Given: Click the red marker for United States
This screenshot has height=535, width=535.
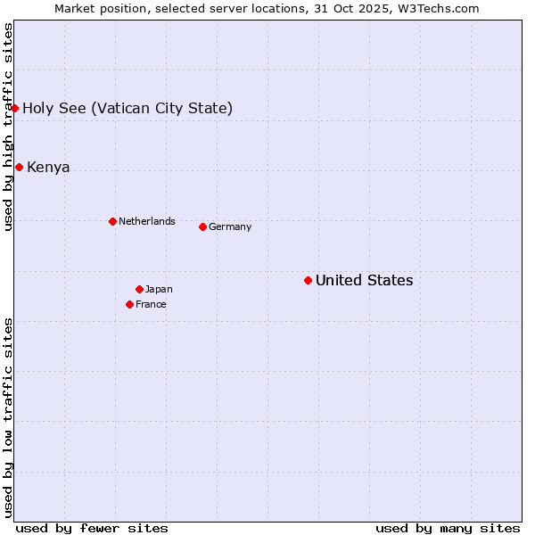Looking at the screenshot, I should [308, 280].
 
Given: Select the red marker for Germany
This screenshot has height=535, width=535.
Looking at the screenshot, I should [202, 226].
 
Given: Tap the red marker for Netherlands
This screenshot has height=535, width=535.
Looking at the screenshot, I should [112, 221].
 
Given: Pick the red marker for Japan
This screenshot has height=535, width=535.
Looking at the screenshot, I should [139, 289].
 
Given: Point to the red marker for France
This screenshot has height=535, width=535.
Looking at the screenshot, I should [129, 304].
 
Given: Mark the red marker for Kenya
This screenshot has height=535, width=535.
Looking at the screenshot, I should [19, 167].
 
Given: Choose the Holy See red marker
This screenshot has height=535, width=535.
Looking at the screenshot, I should [15, 108].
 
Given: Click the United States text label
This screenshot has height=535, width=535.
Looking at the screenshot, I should [364, 280].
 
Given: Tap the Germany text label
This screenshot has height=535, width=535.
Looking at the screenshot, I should [230, 226].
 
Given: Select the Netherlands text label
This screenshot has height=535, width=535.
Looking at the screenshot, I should [146, 221].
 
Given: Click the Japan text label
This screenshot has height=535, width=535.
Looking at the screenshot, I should [159, 289].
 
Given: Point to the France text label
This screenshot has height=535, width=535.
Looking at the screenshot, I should [151, 304].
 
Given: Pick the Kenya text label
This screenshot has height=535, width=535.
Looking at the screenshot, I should [48, 167].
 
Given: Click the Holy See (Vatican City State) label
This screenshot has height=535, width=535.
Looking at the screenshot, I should [128, 108].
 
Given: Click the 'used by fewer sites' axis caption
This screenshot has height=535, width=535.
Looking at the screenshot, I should [92, 528].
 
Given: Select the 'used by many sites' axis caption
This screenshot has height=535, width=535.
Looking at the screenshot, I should [448, 528].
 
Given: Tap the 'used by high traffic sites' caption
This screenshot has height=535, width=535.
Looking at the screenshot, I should [8, 127].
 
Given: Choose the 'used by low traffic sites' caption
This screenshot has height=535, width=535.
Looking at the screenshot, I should [8, 417].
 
